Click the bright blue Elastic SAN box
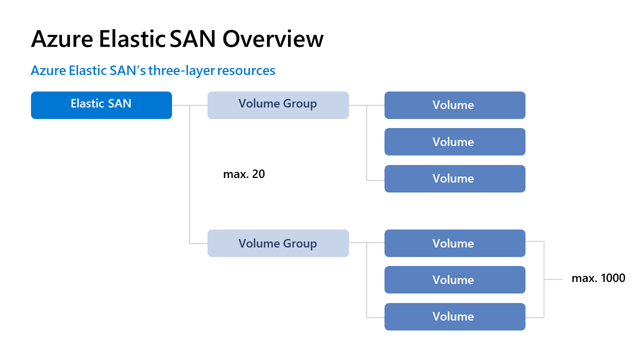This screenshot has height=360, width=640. point(101,105)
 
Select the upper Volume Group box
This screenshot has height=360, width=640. point(278,105)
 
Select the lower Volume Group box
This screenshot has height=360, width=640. point(278,243)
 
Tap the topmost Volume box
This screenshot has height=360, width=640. point(454,105)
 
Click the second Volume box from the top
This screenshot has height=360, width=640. point(454,141)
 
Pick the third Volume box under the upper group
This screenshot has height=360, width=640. point(454,178)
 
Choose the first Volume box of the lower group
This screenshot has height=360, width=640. point(454,243)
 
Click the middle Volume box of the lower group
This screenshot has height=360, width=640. point(454,279)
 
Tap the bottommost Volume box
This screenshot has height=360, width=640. point(454,316)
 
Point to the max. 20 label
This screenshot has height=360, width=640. point(244,174)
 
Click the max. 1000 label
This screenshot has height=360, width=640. point(598,278)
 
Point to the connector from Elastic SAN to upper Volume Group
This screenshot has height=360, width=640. point(190,105)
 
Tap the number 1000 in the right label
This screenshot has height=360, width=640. point(612,278)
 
